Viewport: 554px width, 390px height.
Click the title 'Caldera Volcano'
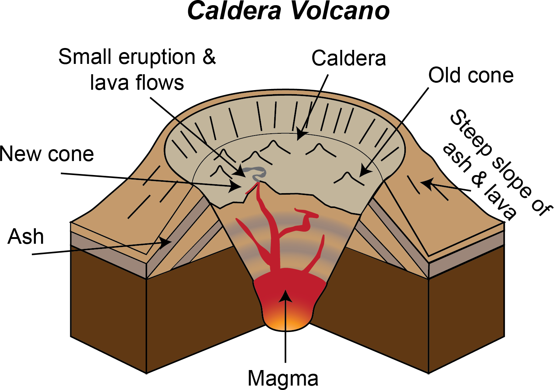pyautogui.click(x=288, y=11)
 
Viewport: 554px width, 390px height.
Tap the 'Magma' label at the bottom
pyautogui.click(x=283, y=379)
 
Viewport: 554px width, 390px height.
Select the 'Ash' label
pyautogui.click(x=26, y=237)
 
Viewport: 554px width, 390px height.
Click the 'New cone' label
pyautogui.click(x=47, y=154)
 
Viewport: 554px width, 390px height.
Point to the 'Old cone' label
pyautogui.click(x=471, y=76)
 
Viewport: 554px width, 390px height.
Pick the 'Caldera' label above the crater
pyautogui.click(x=349, y=58)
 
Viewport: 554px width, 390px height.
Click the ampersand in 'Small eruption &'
pyautogui.click(x=209, y=57)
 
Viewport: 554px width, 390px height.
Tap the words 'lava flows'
pyautogui.click(x=137, y=82)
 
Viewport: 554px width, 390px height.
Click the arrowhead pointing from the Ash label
pyautogui.click(x=167, y=242)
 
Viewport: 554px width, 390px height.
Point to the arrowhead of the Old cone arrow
pyautogui.click(x=364, y=172)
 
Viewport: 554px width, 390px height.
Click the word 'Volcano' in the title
pyautogui.click(x=340, y=11)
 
